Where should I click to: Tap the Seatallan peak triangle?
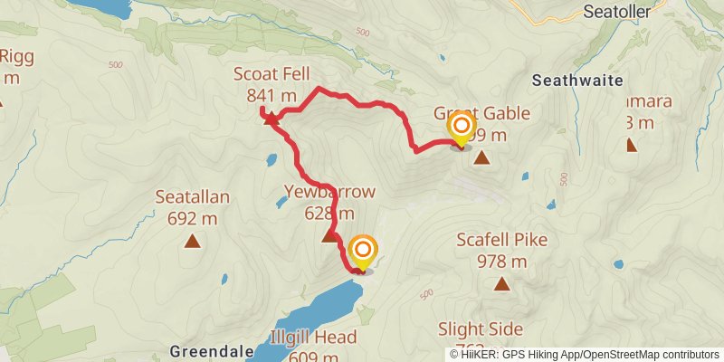(192, 241)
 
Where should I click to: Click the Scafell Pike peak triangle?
(501, 283)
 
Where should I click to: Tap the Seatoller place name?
(618, 13)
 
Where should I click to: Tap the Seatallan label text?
(192, 197)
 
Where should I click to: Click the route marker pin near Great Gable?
(461, 128)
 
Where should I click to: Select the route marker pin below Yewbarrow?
(363, 252)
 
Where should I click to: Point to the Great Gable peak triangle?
(482, 158)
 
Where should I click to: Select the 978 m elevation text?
(501, 262)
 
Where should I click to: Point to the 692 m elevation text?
(192, 218)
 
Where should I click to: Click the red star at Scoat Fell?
(270, 119)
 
